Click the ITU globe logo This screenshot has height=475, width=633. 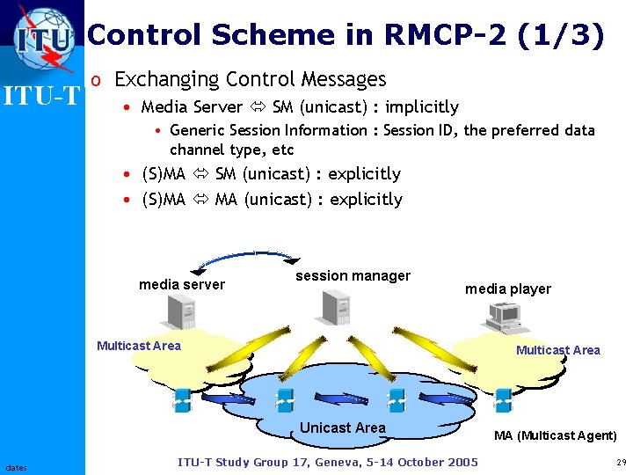[42, 37]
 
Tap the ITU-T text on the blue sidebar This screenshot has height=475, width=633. [41, 95]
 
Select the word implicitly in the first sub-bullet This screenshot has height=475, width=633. [422, 107]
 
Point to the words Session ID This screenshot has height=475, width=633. [420, 131]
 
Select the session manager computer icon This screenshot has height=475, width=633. [336, 305]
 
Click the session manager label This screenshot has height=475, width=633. [353, 276]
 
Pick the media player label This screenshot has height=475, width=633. [508, 289]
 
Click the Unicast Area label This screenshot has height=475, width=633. [343, 427]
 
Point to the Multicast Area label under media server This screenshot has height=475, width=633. [139, 346]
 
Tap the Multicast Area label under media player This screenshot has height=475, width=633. [558, 350]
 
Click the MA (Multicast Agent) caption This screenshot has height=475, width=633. [555, 435]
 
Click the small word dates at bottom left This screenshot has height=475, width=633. [16, 467]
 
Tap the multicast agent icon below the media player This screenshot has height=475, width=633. [503, 399]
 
